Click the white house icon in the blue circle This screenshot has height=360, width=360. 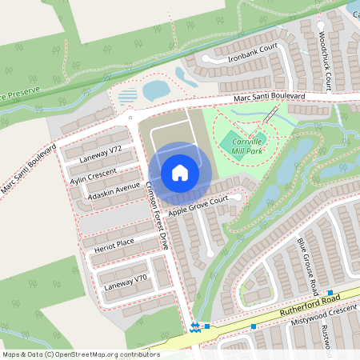(x=180, y=173)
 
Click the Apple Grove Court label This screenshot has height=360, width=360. (x=204, y=204)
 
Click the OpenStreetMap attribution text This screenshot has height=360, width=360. (x=81, y=354)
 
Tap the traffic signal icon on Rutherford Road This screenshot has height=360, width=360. (x=194, y=326)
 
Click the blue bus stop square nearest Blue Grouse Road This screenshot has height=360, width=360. (x=330, y=293)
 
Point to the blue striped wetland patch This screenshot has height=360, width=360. (x=128, y=96)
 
